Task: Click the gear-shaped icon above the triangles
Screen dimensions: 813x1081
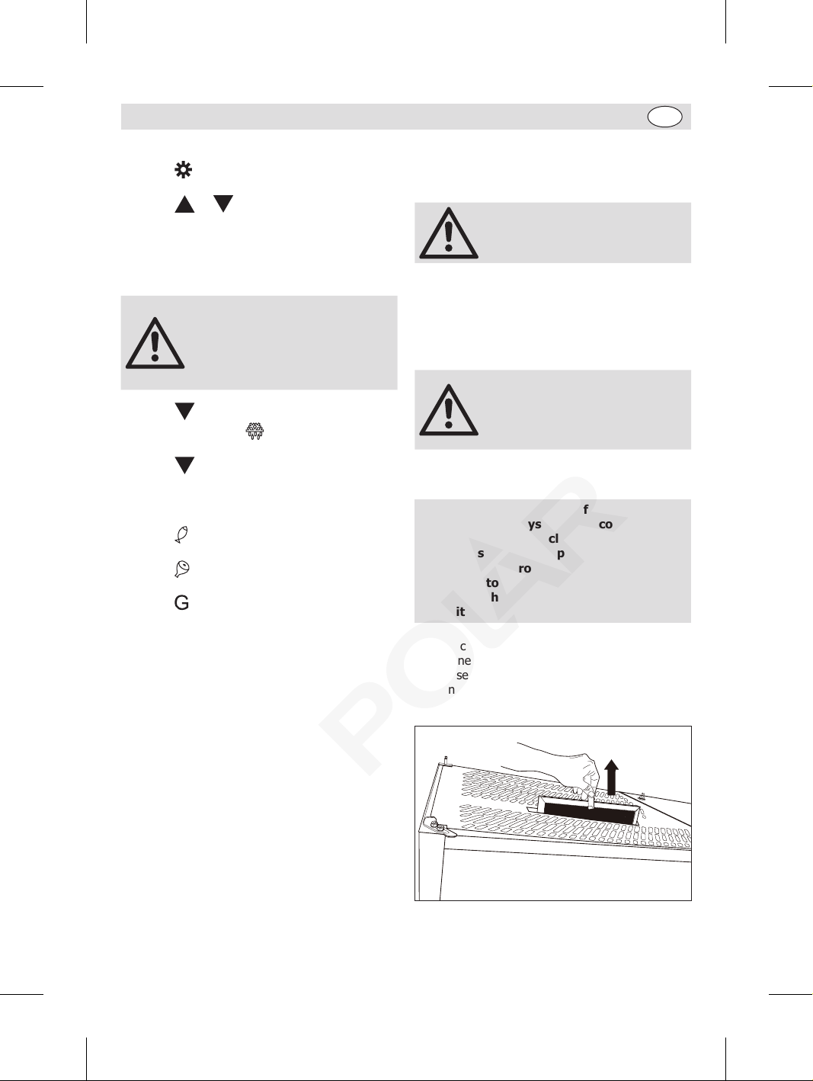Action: pos(184,170)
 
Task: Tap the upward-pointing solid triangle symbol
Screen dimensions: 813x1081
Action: pos(184,204)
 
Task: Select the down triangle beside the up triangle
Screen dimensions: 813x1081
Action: pos(222,204)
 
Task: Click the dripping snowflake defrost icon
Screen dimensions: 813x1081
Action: pos(254,431)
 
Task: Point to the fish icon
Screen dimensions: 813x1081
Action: pos(181,534)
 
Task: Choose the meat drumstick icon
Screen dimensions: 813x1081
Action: pos(182,569)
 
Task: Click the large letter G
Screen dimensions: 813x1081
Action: pos(181,603)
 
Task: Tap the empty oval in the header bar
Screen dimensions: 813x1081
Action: pos(664,117)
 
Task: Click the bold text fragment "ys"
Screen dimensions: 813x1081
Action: pos(534,524)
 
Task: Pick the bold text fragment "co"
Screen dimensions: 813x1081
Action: pos(606,524)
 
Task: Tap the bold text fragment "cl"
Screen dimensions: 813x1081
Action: pos(553,539)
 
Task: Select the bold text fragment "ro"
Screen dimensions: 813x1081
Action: pos(524,569)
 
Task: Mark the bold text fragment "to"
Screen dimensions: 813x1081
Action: pos(492,583)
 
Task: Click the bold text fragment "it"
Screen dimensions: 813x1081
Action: pos(460,611)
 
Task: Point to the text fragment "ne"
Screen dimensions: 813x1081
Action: pos(464,661)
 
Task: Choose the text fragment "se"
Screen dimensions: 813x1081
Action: pos(463,675)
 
